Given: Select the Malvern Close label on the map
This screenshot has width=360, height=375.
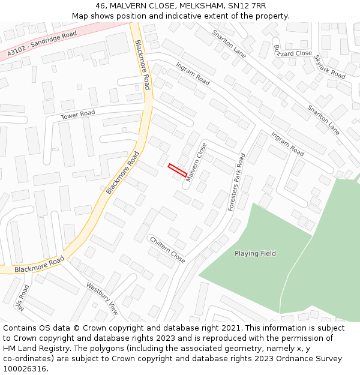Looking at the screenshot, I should coord(196,162).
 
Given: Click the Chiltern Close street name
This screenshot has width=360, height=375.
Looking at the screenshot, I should coord(167,249).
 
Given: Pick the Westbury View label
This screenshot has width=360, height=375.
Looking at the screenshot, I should coord(102,299).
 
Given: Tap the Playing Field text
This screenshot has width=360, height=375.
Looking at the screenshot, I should coord(255,254).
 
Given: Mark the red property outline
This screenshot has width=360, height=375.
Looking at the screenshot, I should coord(177,170).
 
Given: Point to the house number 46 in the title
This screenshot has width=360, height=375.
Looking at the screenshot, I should coord(100,5).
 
